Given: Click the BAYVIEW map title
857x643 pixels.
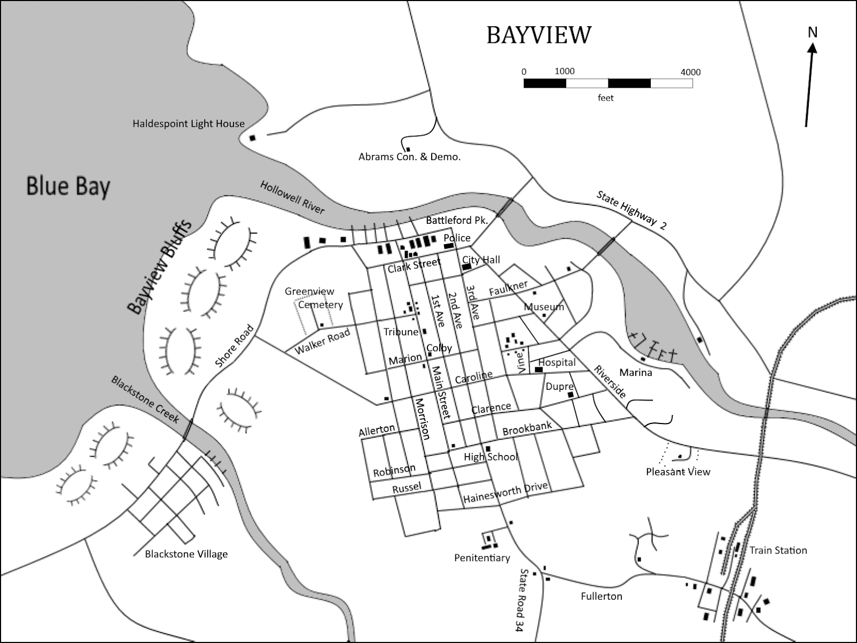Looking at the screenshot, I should click(539, 35).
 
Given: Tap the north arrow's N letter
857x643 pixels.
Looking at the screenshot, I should click(813, 33).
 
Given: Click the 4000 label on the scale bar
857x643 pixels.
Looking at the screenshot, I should click(690, 72).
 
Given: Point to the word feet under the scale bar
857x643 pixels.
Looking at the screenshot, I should click(606, 98).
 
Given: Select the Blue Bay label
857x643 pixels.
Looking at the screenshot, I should click(68, 187).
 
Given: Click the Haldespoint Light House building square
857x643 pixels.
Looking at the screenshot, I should click(253, 138).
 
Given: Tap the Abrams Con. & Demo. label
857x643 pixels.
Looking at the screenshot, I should click(409, 157).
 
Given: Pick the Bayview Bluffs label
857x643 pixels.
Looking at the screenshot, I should click(159, 266).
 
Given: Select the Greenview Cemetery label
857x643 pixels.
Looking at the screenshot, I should click(314, 298).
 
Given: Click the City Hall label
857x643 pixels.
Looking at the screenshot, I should click(481, 260).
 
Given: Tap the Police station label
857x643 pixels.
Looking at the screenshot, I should click(457, 238).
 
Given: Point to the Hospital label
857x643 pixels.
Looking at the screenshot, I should click(557, 362).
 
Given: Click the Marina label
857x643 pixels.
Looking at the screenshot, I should click(635, 373).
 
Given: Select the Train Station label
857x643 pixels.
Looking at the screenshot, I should click(778, 550).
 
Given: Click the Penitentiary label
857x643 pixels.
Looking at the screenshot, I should click(482, 558).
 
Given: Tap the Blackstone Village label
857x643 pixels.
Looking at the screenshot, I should click(186, 554).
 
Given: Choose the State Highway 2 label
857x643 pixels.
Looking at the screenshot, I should click(632, 210).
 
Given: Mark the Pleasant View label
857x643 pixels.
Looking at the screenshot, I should click(678, 472).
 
